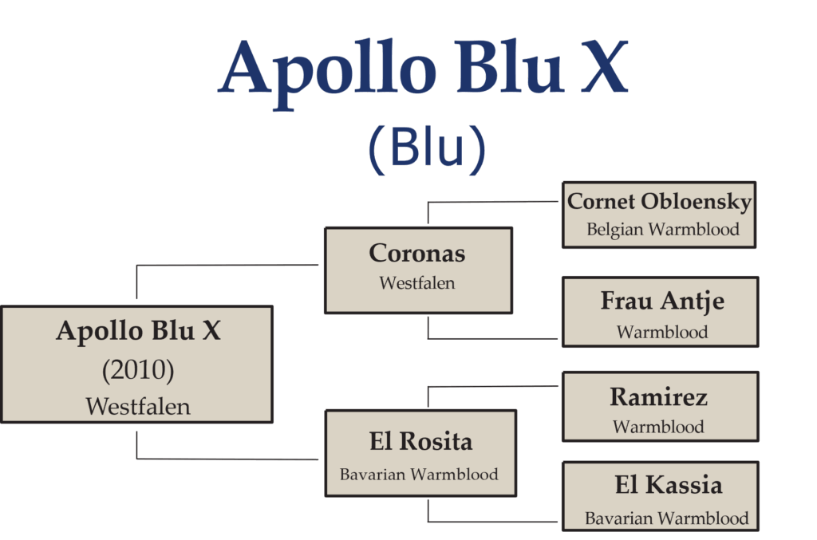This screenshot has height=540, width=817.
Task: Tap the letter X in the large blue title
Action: (x=605, y=67)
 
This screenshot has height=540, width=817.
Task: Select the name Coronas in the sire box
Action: (x=416, y=253)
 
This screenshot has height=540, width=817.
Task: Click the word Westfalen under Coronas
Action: (x=416, y=282)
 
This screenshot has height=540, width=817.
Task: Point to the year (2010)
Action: (x=138, y=370)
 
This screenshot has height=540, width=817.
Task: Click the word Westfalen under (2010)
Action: (x=138, y=406)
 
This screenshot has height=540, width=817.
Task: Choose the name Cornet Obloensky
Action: (x=659, y=202)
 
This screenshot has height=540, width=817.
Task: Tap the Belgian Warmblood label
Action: (x=663, y=229)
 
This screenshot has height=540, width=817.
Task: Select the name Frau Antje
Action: (x=662, y=301)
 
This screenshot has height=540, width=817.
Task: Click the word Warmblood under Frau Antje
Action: (x=662, y=332)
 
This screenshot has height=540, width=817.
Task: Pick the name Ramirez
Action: (x=658, y=396)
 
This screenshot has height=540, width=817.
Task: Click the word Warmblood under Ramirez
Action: (x=658, y=427)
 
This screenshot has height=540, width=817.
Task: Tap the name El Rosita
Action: (x=420, y=442)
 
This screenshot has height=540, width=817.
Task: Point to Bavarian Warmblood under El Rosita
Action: (x=419, y=474)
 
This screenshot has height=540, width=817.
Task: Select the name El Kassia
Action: (x=669, y=485)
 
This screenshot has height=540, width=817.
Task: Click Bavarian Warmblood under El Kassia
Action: (x=666, y=518)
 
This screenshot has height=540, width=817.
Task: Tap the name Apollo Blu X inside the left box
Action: (x=138, y=331)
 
